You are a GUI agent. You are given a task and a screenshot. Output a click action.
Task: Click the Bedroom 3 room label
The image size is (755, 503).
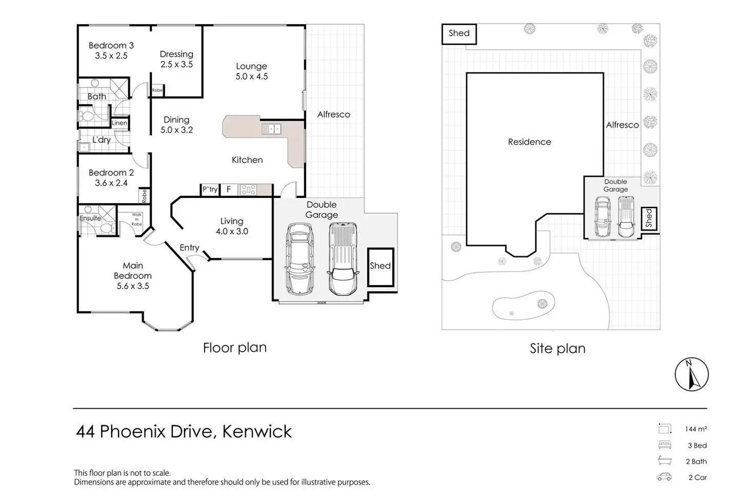(111, 50)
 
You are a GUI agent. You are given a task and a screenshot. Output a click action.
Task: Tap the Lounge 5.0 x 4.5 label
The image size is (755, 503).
(251, 71)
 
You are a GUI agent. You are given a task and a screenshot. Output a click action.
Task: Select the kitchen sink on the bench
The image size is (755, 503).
(271, 129)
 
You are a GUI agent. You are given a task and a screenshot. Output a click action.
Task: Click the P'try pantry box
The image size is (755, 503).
(210, 190)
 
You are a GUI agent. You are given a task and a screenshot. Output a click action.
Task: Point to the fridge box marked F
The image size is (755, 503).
(229, 190)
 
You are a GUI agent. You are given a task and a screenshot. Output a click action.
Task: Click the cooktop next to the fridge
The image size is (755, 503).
(248, 190)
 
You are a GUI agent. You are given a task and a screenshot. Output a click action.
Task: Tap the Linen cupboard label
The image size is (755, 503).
(120, 123)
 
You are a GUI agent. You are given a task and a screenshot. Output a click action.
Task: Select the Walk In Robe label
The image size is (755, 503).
(136, 219)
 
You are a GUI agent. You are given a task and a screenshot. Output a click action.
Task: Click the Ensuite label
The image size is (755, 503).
(90, 218)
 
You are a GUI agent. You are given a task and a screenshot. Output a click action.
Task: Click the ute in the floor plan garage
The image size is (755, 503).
(343, 259)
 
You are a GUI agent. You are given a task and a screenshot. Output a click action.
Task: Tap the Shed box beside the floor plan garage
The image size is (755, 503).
(381, 267)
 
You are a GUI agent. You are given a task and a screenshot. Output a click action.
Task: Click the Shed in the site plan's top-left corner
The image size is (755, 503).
(459, 33)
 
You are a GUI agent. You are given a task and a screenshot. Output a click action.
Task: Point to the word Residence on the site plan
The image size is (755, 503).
(529, 142)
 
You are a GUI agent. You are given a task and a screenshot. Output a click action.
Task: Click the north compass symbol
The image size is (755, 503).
(691, 375)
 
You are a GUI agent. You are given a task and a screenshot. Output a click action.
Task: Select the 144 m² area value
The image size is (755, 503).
(696, 429)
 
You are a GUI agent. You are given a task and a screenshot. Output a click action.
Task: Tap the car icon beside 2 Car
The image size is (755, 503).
(664, 477)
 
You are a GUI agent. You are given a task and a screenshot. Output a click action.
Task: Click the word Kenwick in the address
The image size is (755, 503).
(257, 432)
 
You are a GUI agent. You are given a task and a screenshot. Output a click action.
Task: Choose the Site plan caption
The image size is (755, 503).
(558, 349)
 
